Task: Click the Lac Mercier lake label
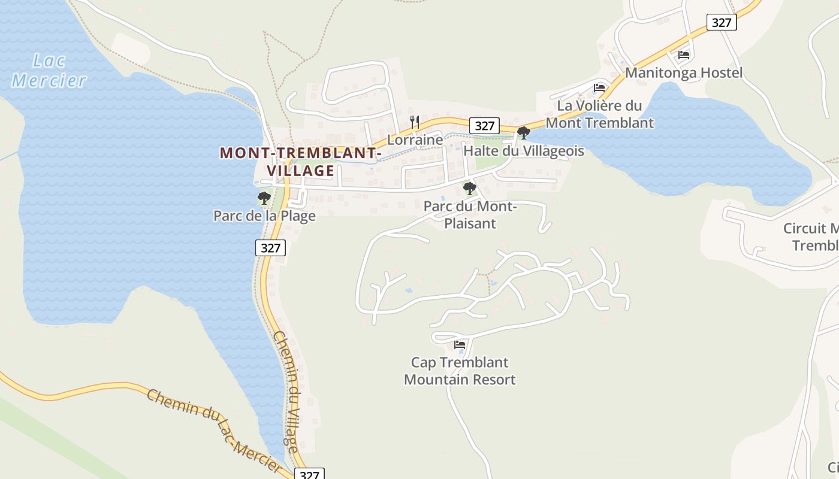[x=49, y=70]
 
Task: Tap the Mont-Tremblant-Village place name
[x=300, y=162]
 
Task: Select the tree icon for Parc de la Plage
[x=264, y=198]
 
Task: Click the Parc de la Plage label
[x=264, y=216]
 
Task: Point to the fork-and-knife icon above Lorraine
[x=414, y=123]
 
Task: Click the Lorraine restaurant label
[x=415, y=140]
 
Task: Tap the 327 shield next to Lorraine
[x=484, y=126]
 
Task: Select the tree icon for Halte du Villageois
[x=523, y=133]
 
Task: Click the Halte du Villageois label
[x=523, y=151]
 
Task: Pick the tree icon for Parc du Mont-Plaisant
[x=470, y=189]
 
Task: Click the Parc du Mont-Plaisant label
[x=470, y=215]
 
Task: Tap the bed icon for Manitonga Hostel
[x=684, y=55]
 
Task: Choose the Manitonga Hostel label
[x=684, y=73]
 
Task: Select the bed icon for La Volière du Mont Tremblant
[x=599, y=88]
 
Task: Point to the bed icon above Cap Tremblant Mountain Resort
[x=460, y=345]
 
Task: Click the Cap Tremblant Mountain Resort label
[x=460, y=371]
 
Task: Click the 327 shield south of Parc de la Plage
[x=270, y=247]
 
